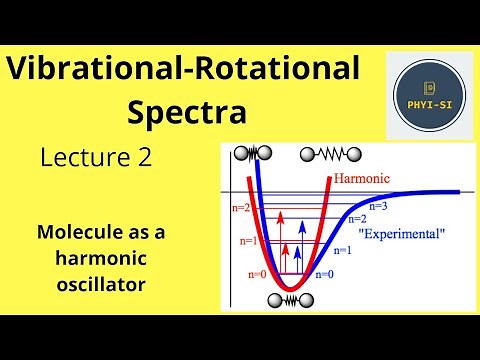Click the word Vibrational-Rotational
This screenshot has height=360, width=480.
coord(182,71)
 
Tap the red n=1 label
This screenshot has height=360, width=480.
coord(247,241)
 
